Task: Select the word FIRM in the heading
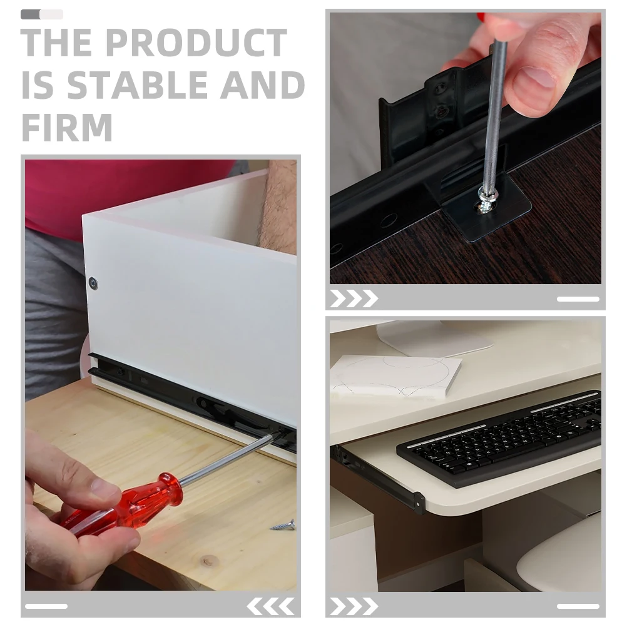tap(67, 127)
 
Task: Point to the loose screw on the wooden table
tap(283, 524)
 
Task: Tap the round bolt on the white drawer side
tap(93, 283)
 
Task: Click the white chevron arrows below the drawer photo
tap(270, 606)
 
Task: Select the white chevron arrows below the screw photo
tap(354, 298)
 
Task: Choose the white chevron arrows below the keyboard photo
tap(354, 606)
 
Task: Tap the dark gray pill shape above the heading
tap(31, 14)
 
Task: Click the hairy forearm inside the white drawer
tap(279, 206)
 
